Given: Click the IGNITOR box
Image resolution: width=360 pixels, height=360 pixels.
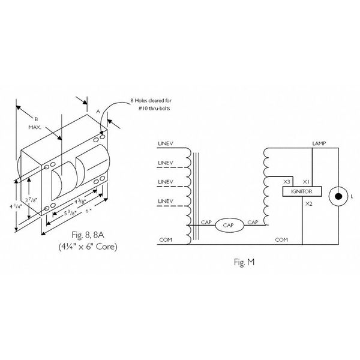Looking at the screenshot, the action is pyautogui.click(x=302, y=191).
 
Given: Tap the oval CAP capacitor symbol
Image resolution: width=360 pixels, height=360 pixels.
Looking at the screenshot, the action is pyautogui.click(x=229, y=225).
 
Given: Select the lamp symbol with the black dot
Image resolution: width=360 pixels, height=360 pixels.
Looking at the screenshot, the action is pyautogui.click(x=338, y=197).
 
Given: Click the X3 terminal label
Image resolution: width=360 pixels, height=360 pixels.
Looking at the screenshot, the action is pyautogui.click(x=287, y=182).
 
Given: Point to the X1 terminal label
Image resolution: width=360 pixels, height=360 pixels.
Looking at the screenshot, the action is pyautogui.click(x=306, y=182).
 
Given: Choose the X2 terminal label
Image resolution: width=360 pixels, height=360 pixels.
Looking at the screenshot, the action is pyautogui.click(x=309, y=204).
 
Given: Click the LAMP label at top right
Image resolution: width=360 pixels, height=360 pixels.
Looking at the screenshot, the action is pyautogui.click(x=319, y=143).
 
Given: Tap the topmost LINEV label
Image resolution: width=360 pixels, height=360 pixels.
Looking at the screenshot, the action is pyautogui.click(x=166, y=144).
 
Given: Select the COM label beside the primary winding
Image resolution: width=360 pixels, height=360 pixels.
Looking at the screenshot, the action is pyautogui.click(x=166, y=240).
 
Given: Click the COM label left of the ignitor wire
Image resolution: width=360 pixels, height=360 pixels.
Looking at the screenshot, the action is pyautogui.click(x=281, y=240).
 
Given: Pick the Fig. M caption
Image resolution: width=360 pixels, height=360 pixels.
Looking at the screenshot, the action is pyautogui.click(x=244, y=262).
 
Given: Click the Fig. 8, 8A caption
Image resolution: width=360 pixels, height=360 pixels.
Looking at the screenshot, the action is pyautogui.click(x=88, y=235).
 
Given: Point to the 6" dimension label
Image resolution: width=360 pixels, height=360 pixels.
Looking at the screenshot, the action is pyautogui.click(x=89, y=211).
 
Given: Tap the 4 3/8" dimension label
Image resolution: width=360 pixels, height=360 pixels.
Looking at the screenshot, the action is pyautogui.click(x=80, y=202).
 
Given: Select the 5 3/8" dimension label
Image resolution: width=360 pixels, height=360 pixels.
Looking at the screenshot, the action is pyautogui.click(x=70, y=213).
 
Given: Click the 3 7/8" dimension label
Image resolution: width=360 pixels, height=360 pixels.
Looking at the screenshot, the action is pyautogui.click(x=31, y=200).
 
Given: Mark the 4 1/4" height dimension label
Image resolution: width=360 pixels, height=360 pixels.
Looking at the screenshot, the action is pyautogui.click(x=16, y=206).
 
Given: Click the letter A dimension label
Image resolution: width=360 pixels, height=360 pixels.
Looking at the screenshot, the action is pyautogui.click(x=98, y=112).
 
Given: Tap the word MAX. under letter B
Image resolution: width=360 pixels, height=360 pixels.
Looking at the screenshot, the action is pyautogui.click(x=35, y=127).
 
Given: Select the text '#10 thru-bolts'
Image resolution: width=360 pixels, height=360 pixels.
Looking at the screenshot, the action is pyautogui.click(x=154, y=109).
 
